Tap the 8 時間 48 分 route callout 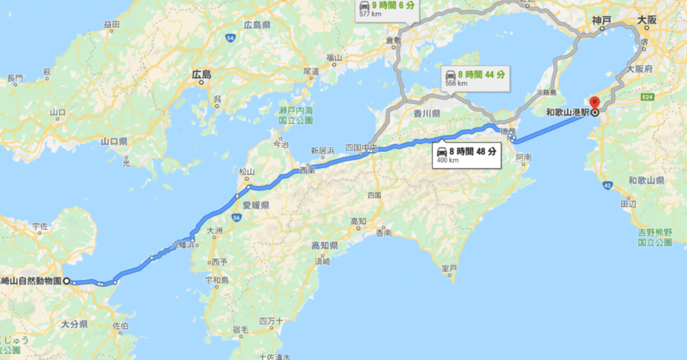466,155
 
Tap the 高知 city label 358,221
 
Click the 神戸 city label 602,20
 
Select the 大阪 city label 647,20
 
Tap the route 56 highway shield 236,217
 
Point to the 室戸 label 449,268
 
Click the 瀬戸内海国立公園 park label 295,115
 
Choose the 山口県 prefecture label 114,142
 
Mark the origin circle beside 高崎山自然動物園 67,281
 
